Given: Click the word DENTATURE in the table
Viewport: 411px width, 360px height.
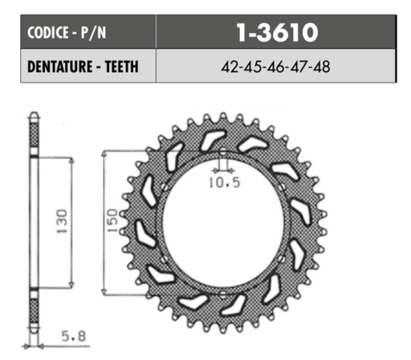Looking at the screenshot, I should click(x=62, y=67).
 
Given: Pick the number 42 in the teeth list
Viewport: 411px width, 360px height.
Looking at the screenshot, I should click(x=228, y=67).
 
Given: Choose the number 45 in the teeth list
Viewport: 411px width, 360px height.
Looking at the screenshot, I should click(x=253, y=67).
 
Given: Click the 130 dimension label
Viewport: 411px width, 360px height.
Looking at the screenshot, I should click(x=63, y=221).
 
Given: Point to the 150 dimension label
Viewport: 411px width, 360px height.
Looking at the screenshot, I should click(x=114, y=221).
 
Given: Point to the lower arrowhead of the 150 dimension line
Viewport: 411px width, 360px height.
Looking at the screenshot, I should click(x=106, y=287).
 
